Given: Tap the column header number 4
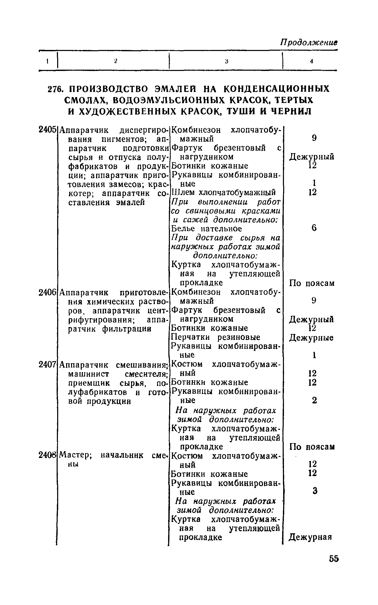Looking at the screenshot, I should [311, 61].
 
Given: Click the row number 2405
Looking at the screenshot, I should [47, 130].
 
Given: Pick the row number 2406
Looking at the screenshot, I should [47, 292].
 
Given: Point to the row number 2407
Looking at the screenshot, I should [47, 364].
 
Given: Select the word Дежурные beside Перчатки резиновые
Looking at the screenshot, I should [311, 338].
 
